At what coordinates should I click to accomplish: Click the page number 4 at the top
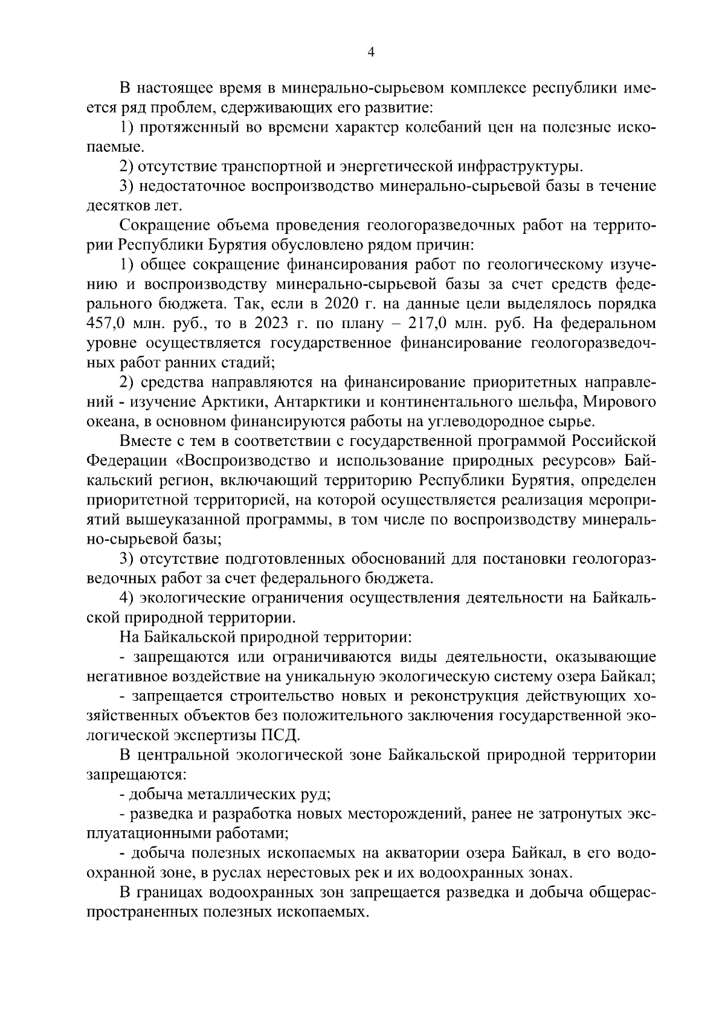371,53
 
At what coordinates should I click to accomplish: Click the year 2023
275,323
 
